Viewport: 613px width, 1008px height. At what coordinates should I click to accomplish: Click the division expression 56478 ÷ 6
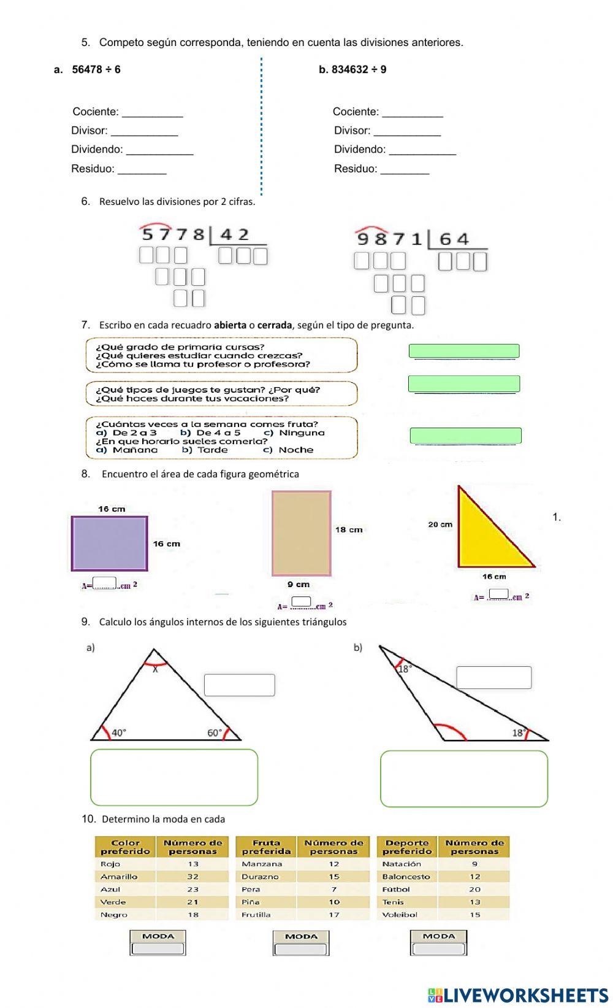point(96,69)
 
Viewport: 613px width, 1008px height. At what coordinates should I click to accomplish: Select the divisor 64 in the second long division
point(454,239)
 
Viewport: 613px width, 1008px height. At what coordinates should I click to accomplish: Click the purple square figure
point(110,544)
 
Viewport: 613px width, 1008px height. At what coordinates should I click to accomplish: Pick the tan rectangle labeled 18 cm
point(301,533)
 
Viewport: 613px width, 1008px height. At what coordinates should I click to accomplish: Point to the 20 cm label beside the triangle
point(440,524)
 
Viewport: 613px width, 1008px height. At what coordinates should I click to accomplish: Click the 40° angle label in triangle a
point(119,732)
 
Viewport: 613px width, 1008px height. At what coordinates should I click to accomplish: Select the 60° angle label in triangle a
point(215,732)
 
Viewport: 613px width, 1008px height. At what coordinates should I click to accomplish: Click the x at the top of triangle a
point(155,670)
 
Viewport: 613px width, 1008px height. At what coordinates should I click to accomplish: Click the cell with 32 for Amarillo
point(192,877)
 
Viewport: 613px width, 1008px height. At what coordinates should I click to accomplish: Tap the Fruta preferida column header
point(266,847)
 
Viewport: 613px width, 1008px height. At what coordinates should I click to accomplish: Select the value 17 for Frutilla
point(333,914)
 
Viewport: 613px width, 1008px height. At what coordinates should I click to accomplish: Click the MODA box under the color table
point(158,942)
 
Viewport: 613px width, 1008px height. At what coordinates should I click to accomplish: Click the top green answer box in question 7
point(464,351)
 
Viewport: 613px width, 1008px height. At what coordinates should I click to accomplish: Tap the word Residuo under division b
point(355,169)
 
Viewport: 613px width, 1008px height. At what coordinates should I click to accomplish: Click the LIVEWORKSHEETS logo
point(518,995)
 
